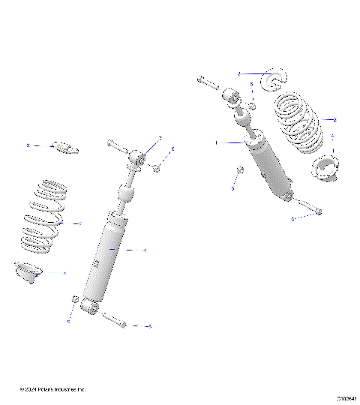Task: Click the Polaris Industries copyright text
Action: (53, 390)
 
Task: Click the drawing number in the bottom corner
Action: (346, 398)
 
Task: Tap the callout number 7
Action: (160, 138)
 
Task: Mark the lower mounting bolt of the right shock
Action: (308, 206)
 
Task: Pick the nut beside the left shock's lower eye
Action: (75, 301)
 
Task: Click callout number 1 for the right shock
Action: (217, 142)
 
